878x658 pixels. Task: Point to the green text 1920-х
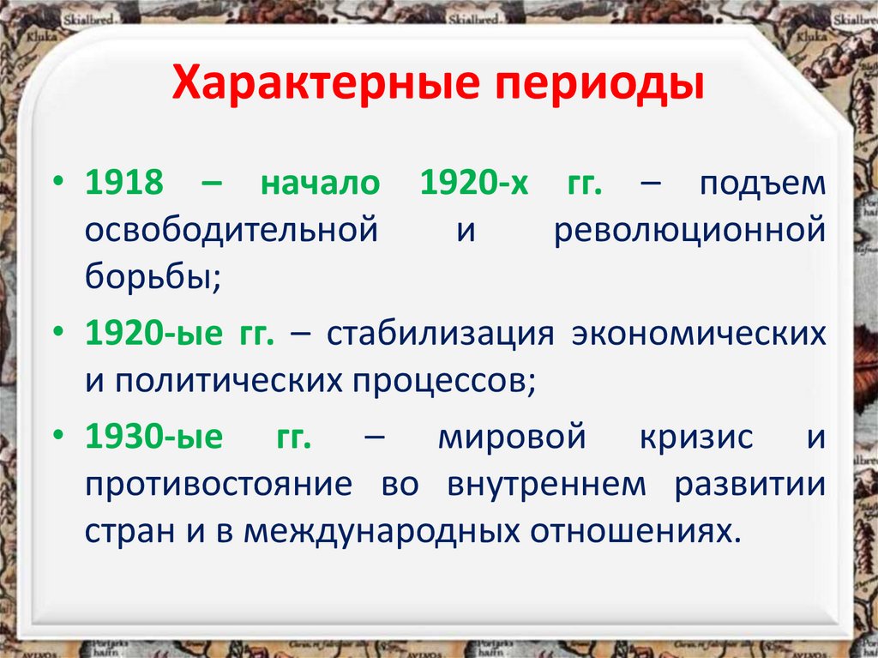[467, 185]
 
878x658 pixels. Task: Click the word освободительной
[232, 232]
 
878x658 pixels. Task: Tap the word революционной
[690, 232]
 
